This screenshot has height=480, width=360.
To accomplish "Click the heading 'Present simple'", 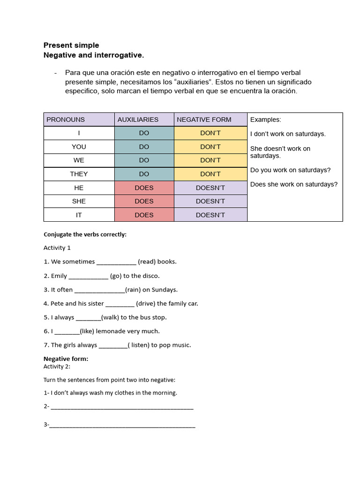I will pos(71,45).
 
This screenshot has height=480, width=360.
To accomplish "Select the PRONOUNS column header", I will pos(66,120).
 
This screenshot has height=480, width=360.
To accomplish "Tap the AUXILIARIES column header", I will pos(138,120).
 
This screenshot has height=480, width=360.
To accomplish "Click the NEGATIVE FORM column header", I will pos(204,120).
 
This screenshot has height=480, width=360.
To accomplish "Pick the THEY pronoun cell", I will pos(79,174).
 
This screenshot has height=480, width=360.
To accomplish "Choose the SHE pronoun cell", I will pos(79,201).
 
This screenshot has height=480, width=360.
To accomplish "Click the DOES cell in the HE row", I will pos(144,187).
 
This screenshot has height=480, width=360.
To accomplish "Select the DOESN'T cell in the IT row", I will pos(210,215).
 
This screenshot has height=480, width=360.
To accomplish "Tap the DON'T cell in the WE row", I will pos(210,160).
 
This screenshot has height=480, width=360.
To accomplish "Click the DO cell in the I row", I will pos(144,133).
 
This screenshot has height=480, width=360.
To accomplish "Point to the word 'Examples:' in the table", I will pos(266,120).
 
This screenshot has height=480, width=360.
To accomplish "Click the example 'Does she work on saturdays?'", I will pos(294,184).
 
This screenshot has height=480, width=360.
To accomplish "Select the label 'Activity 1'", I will pos(57,247).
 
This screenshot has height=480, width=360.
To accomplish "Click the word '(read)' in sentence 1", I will pos(148,262).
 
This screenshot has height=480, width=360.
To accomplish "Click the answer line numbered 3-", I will pos(122,425).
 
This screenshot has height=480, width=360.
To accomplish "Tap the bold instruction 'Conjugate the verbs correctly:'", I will pos(85,234).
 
